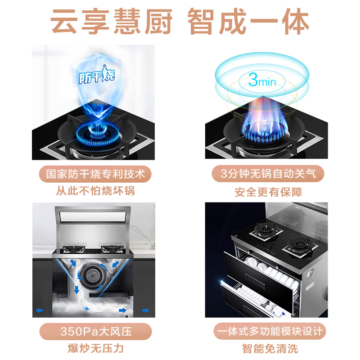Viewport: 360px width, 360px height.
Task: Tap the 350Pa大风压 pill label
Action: [x=96, y=332]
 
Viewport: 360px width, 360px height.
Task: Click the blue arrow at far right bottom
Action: [x=146, y=310]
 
